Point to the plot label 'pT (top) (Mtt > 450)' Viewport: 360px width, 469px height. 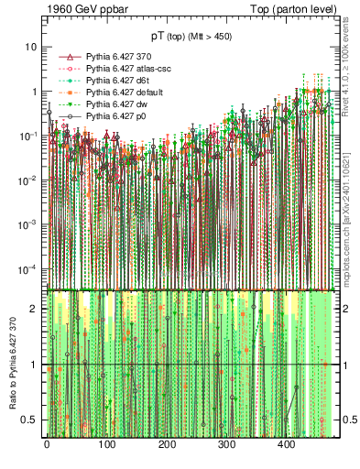pos(191,38)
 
